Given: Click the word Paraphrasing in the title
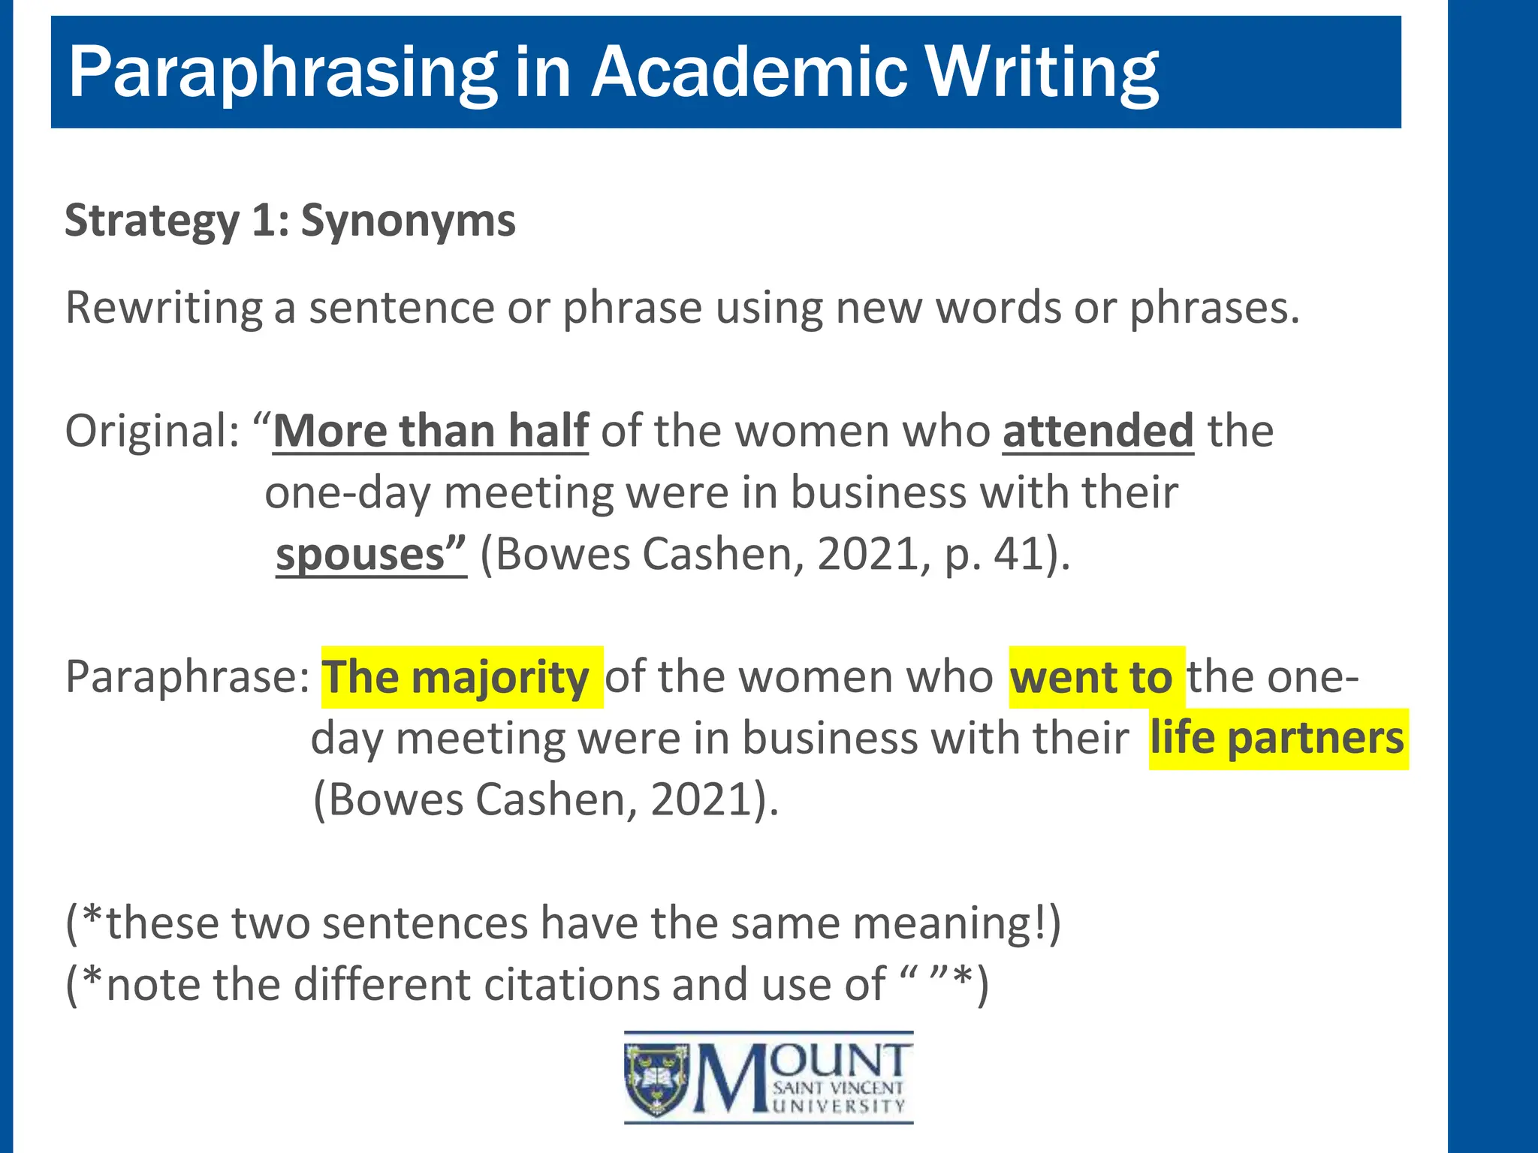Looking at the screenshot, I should pos(282,73).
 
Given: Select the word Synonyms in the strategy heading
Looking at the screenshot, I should pos(408,221).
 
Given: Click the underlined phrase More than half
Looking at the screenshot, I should pos(430,431).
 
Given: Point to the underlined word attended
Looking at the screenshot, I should pos(1097,431).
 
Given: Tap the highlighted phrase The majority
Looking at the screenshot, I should pos(456,677).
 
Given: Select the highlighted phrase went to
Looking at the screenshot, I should pos(1091,677).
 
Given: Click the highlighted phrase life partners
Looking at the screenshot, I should pos(1277,739).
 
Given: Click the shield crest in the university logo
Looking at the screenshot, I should pos(656,1079).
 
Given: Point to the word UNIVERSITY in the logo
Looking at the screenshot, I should pos(839,1106).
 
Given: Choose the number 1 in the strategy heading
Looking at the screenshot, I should pos(264,221).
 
